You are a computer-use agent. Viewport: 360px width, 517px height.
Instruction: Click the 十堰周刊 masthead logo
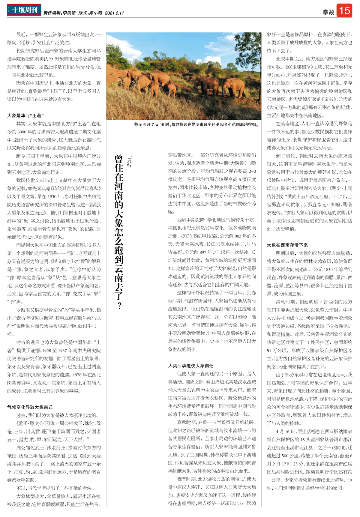(x=24, y=10)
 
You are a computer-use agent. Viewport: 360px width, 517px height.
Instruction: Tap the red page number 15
(x=344, y=10)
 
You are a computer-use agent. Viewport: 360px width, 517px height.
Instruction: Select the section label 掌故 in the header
(x=328, y=12)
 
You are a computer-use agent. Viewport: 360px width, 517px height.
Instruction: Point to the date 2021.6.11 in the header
(x=114, y=13)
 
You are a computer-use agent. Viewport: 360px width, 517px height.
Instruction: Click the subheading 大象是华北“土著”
(x=25, y=115)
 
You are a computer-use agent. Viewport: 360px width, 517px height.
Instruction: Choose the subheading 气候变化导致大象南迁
(x=30, y=407)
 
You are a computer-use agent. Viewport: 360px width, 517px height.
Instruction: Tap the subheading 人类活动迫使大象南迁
(x=191, y=366)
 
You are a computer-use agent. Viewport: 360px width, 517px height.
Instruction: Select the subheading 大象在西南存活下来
(x=287, y=245)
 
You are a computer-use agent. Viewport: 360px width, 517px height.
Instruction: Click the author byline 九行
(x=130, y=162)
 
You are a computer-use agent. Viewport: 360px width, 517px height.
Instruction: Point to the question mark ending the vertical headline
(x=119, y=306)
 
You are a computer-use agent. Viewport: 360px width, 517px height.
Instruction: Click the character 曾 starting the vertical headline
(x=119, y=160)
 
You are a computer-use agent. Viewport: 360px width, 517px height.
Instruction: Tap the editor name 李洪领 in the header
(x=69, y=13)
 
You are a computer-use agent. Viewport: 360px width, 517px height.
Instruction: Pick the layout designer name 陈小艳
(x=95, y=13)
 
